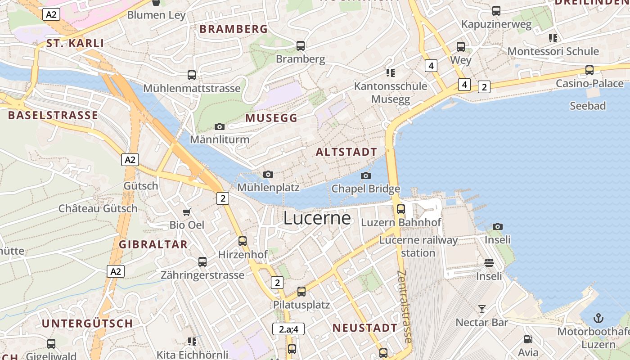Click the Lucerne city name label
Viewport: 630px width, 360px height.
[x=317, y=218]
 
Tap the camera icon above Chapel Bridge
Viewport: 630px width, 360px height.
[x=366, y=175]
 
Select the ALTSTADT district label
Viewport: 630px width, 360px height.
[x=346, y=152]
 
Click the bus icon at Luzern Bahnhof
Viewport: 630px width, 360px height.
[x=400, y=209]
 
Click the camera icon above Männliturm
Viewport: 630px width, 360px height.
[x=220, y=126]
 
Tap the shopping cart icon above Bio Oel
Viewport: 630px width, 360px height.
[x=187, y=211]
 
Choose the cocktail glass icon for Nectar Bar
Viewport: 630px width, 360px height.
[x=482, y=309]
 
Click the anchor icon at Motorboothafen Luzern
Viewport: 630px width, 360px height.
[x=598, y=319]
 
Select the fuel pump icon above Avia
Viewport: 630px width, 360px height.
[x=528, y=340]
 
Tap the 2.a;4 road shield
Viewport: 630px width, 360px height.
[x=288, y=329]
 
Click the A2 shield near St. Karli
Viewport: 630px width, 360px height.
[x=51, y=14]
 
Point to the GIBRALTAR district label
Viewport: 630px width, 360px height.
[x=153, y=244]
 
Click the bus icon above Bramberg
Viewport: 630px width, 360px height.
[x=300, y=45]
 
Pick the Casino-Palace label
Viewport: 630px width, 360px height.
[x=589, y=83]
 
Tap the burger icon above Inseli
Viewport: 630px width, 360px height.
[x=489, y=263]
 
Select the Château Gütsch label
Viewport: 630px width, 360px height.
[x=98, y=208]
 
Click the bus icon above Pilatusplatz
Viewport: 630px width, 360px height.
[x=301, y=291]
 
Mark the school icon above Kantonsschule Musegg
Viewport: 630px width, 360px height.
[x=390, y=72]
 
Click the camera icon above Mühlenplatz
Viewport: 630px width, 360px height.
[x=268, y=174]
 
